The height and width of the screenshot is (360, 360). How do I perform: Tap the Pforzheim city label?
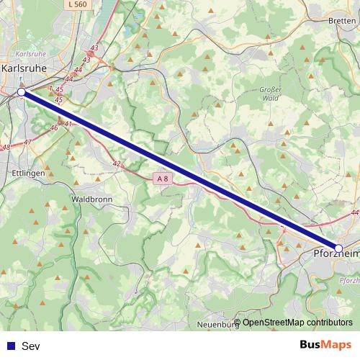(336, 253)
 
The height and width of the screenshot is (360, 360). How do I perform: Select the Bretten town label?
(341, 21)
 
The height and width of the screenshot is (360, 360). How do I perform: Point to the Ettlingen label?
(30, 174)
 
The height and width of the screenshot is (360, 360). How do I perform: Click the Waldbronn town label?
(91, 197)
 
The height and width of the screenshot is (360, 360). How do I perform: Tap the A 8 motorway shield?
(163, 177)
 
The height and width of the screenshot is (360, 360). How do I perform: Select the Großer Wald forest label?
(269, 93)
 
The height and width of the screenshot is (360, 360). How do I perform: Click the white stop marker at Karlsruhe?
(22, 92)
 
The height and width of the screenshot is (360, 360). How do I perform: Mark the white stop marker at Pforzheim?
(339, 248)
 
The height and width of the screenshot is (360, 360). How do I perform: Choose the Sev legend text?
(31, 346)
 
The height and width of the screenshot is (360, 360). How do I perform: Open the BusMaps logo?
(325, 346)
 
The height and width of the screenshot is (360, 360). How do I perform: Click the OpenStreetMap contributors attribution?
(297, 322)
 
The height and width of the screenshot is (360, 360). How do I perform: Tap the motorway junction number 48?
(6, 148)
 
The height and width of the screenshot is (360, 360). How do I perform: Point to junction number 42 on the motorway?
(117, 163)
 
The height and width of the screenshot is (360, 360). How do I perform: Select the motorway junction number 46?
(53, 127)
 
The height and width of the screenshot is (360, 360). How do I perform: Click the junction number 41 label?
(68, 124)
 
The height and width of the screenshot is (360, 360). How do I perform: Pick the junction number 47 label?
(27, 143)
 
